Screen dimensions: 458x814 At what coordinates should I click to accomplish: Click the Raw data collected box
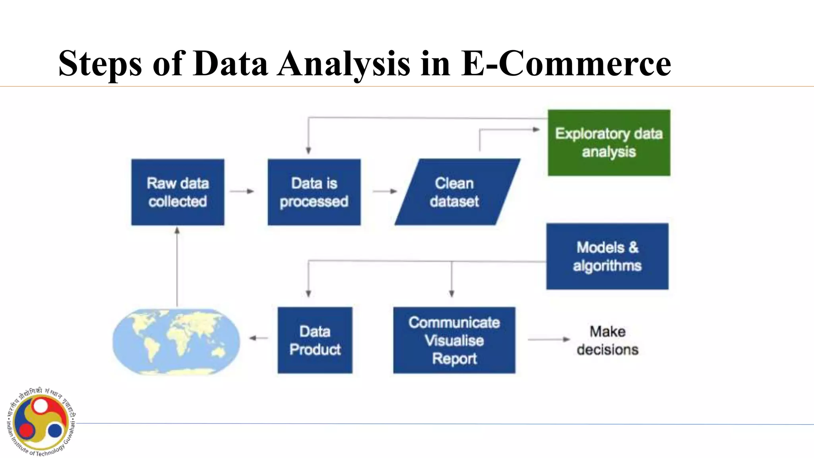(178, 192)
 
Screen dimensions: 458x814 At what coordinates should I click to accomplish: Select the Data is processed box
(314, 192)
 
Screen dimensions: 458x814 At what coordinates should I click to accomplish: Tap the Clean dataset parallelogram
(456, 192)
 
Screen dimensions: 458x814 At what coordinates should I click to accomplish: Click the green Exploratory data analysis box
(609, 143)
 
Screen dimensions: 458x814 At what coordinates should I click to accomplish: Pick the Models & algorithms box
(607, 256)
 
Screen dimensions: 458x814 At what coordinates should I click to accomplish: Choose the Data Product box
(315, 340)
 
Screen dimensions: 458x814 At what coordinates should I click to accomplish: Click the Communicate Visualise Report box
(454, 340)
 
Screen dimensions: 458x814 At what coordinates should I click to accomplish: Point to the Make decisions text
(607, 340)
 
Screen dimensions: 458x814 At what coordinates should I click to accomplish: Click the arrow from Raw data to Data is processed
(242, 191)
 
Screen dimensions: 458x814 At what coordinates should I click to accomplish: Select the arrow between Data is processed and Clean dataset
(385, 191)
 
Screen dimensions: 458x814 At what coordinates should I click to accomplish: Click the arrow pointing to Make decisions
(548, 340)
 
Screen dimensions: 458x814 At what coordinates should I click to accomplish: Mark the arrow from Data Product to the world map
(258, 338)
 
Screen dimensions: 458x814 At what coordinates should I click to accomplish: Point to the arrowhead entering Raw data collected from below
(177, 230)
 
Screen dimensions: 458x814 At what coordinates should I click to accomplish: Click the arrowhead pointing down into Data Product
(308, 293)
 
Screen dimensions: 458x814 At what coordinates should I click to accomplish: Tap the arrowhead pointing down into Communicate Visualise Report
(452, 293)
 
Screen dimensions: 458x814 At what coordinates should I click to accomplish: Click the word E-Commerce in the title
(566, 64)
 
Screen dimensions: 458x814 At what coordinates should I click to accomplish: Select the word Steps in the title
(100, 64)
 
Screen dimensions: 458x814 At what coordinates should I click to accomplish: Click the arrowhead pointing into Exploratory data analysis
(536, 129)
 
